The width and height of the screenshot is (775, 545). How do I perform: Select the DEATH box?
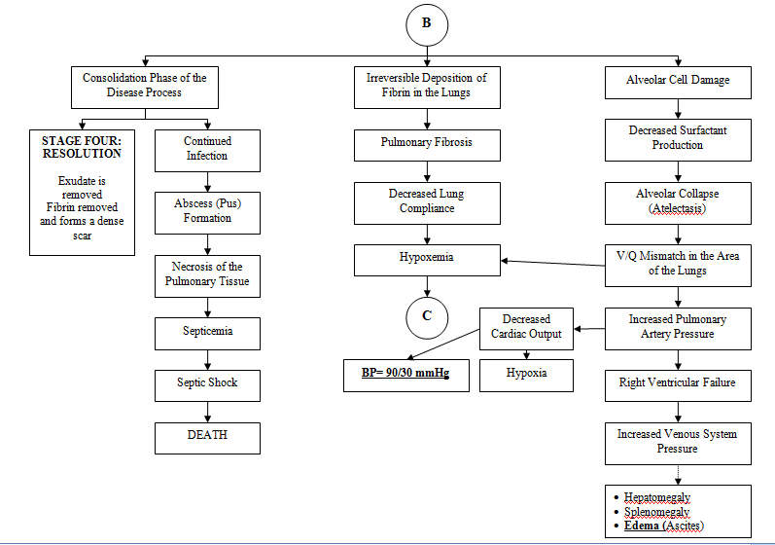pyautogui.click(x=207, y=438)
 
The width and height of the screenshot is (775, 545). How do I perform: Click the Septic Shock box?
pyautogui.click(x=207, y=385)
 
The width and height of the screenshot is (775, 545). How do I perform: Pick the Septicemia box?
pyautogui.click(x=207, y=334)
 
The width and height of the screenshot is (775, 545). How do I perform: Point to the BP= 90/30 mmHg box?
pyautogui.click(x=406, y=376)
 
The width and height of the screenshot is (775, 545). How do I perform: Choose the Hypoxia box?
pyautogui.click(x=526, y=376)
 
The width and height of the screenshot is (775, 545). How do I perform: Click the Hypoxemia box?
pyautogui.click(x=427, y=260)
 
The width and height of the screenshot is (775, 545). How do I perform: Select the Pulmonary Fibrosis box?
pyautogui.click(x=427, y=145)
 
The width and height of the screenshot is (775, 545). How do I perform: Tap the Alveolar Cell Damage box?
pyautogui.click(x=678, y=83)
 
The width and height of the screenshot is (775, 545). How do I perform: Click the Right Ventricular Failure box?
pyautogui.click(x=678, y=385)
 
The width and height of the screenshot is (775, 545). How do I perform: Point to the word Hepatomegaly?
pyautogui.click(x=657, y=497)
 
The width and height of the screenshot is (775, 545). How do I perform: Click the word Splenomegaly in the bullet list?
pyautogui.click(x=657, y=512)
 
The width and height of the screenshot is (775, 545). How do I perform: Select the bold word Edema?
pyautogui.click(x=642, y=526)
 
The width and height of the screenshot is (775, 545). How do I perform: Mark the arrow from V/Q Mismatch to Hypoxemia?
pyautogui.click(x=552, y=263)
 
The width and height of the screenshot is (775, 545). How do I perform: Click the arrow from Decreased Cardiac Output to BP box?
pyautogui.click(x=443, y=344)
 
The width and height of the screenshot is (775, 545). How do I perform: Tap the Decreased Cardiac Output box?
pyautogui.click(x=526, y=329)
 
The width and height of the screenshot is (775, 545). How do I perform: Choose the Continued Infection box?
pyautogui.click(x=207, y=151)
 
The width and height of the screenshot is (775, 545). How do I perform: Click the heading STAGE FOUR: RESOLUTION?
pyautogui.click(x=82, y=147)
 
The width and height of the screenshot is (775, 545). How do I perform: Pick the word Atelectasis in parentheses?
pyautogui.click(x=678, y=208)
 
